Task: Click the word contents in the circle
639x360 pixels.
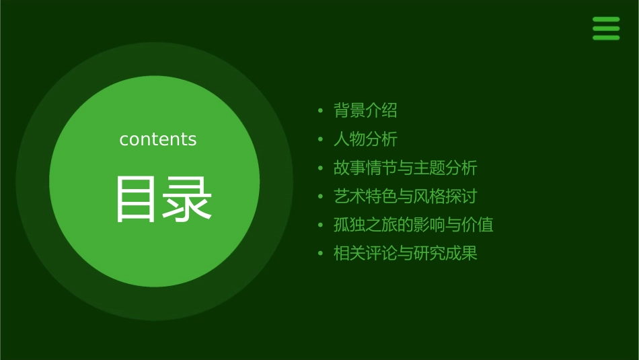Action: [158, 139]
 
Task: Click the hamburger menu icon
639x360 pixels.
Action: [605, 28]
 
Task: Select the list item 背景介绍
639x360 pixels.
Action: [365, 110]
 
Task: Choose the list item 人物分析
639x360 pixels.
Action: [365, 139]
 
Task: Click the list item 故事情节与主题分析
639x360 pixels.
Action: [405, 168]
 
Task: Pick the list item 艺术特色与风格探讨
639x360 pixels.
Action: [405, 196]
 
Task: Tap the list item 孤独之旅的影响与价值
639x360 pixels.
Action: [413, 225]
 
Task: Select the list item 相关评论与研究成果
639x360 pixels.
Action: [405, 254]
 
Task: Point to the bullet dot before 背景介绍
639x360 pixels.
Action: [321, 111]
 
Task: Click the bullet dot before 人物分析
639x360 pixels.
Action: [321, 140]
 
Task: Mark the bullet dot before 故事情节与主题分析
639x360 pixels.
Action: [321, 168]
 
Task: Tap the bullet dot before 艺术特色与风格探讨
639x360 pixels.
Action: [321, 197]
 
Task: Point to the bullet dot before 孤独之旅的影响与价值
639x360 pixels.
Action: [321, 225]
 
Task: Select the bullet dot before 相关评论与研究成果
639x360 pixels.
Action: [321, 254]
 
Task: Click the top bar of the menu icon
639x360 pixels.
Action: [605, 20]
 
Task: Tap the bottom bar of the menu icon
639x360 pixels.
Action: [605, 38]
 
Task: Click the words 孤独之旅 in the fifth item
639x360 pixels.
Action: [365, 225]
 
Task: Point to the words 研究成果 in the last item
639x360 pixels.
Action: [445, 254]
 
